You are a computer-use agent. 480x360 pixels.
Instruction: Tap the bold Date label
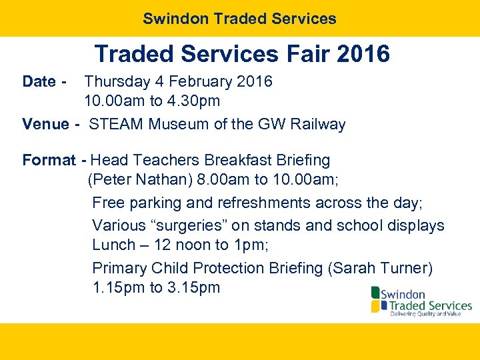click(39, 82)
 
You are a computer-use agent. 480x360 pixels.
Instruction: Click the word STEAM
click(117, 124)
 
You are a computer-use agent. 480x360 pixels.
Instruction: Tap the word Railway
click(317, 124)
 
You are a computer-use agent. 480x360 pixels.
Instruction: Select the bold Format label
click(49, 161)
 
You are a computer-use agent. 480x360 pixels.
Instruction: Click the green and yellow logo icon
click(376, 299)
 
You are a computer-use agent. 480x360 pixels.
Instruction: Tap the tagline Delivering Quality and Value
click(425, 313)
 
